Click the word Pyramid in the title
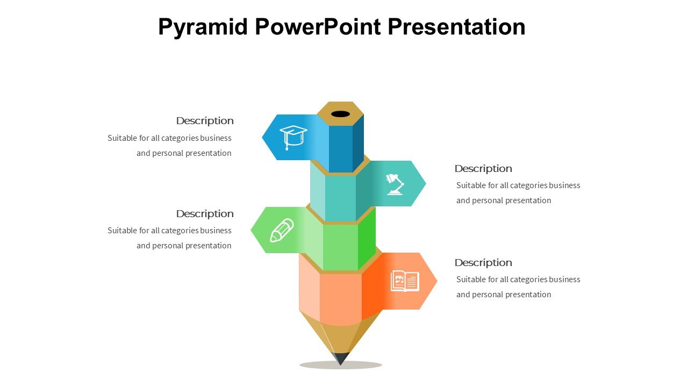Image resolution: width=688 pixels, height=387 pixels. point(203,27)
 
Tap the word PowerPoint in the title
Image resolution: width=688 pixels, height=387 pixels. point(318,27)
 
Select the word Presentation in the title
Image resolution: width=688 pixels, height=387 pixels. point(457,27)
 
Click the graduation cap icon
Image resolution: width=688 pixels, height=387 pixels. point(293,137)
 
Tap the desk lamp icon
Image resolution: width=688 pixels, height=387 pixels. point(395,184)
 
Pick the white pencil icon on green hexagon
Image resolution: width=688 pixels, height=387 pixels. point(282,231)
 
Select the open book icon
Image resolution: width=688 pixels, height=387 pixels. point(405,281)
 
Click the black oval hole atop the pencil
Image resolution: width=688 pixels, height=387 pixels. point(340,114)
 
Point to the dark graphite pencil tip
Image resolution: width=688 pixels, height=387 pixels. point(340,359)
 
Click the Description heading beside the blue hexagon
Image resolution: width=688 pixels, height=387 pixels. point(205,121)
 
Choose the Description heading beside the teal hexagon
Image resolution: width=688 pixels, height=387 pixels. point(483,169)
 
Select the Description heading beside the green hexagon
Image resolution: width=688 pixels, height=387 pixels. point(205,214)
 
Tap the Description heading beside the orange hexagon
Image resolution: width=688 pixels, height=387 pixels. point(483,263)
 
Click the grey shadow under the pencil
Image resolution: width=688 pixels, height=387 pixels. point(341,365)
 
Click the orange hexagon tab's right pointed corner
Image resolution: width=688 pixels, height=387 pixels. point(437,281)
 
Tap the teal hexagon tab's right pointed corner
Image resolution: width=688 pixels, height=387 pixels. point(426,183)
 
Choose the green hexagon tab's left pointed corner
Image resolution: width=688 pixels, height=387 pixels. point(251,230)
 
